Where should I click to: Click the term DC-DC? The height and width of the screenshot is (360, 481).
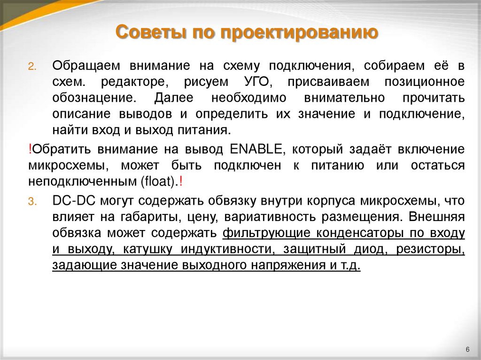click(71, 201)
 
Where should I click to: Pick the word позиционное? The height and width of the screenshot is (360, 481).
click(425, 82)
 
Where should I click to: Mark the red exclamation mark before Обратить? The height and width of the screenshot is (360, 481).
click(30, 149)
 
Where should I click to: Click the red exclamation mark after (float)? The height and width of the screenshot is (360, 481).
click(181, 181)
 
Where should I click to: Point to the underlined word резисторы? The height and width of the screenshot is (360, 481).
click(431, 249)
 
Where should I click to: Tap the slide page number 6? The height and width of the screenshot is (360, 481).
click(468, 349)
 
